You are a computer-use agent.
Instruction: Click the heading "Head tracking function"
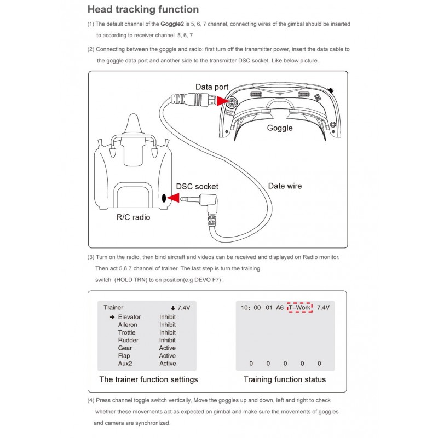click(143, 9)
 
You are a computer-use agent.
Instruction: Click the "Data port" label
click(212, 87)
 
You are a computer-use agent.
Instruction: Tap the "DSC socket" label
click(197, 186)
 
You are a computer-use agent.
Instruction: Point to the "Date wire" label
click(285, 186)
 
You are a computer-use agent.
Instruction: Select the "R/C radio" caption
click(133, 217)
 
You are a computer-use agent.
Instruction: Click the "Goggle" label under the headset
click(280, 128)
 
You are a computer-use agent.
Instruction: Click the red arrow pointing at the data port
click(223, 102)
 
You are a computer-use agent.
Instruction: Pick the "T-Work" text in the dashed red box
click(299, 308)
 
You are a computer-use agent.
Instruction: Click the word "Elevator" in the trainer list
click(129, 317)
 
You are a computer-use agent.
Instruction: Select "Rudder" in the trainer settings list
click(128, 340)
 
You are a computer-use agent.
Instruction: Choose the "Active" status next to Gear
click(168, 348)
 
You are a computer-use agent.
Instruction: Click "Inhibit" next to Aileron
click(168, 325)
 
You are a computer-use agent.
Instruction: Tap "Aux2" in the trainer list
click(125, 364)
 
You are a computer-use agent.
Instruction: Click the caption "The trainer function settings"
click(148, 379)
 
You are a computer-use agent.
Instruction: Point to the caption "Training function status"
click(284, 379)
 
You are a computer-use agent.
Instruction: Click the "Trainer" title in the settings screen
click(113, 308)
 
